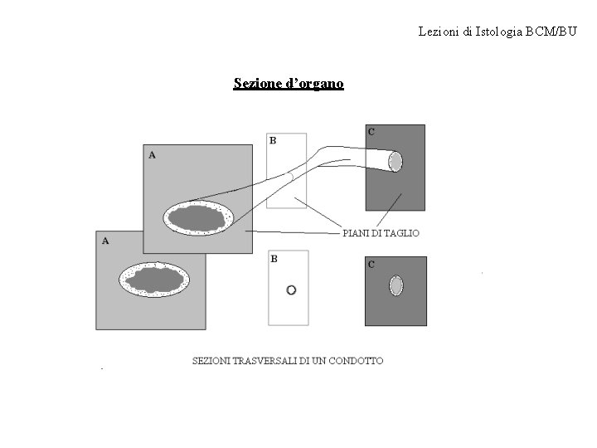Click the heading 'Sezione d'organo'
(289, 84)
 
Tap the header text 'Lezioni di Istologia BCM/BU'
(497, 32)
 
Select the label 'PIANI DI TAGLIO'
(381, 233)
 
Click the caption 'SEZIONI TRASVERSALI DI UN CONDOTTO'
(288, 360)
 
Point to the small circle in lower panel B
(290, 290)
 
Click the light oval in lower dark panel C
(396, 286)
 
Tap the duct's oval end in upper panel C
(396, 161)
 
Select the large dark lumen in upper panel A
(197, 218)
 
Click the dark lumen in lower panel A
(154, 278)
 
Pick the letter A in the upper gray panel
(151, 154)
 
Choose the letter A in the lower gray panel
(105, 241)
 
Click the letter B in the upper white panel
(273, 140)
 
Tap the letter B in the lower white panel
(274, 258)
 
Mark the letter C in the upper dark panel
(371, 131)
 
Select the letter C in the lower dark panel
(371, 265)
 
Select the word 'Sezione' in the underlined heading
(255, 84)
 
